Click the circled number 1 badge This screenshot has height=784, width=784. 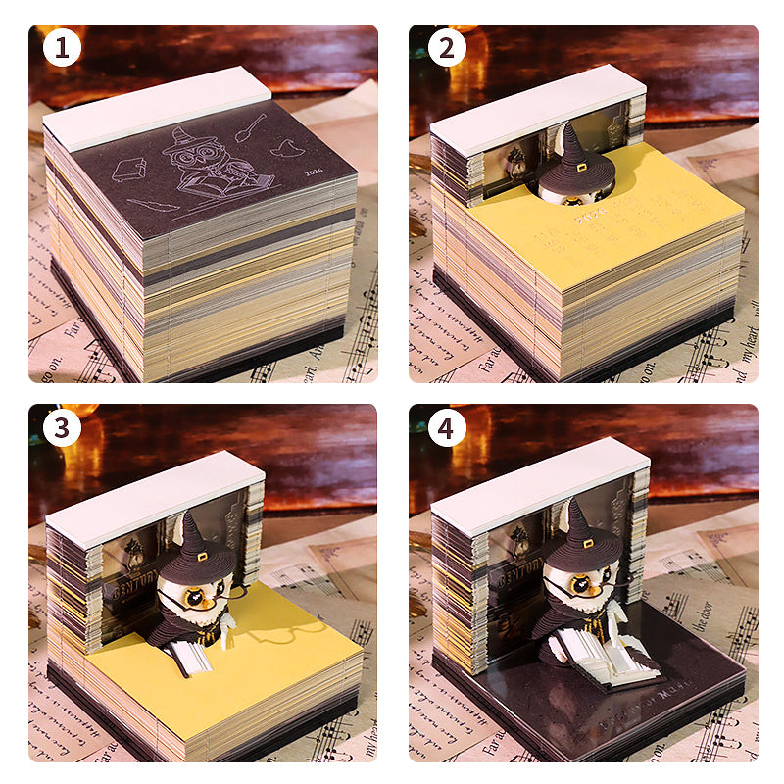(63, 48)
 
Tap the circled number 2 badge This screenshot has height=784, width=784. (446, 48)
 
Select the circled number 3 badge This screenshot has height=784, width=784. (63, 428)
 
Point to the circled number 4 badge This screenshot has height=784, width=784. (446, 428)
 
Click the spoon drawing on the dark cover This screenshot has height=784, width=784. (253, 124)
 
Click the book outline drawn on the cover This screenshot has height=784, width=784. (129, 171)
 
